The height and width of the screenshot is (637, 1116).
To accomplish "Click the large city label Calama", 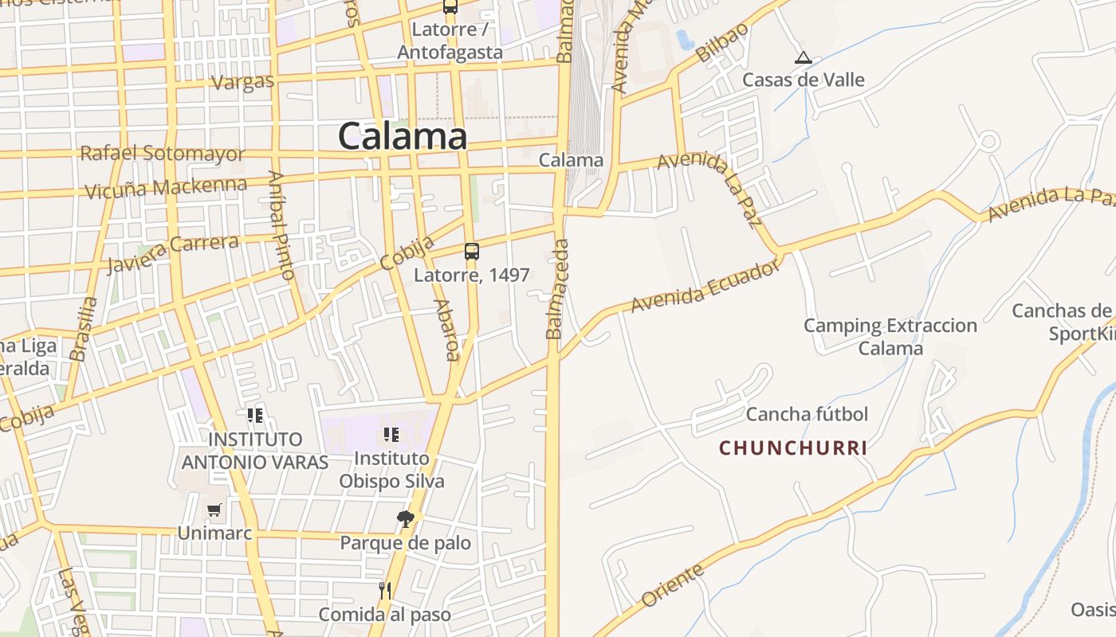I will pos(403,136).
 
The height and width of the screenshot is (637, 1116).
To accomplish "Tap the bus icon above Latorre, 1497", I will pos(472,252).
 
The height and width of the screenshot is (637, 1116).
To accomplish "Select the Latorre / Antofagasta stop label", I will pos(450,41).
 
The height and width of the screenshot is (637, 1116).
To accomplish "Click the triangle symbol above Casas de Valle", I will pos(803,57).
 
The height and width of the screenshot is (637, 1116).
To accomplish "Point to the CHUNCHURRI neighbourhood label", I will pos(793,448).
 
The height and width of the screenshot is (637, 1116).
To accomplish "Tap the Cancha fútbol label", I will pos(807,414).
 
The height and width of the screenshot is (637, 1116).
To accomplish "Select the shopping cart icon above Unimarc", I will pos(214,510).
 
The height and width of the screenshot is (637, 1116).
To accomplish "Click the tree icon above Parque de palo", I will pos(406,520).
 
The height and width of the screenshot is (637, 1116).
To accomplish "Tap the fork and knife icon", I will pos(385,591).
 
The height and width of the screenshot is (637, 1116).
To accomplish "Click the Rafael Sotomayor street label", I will pos(162,154).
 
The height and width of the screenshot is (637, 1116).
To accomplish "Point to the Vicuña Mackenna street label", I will pos(166,188).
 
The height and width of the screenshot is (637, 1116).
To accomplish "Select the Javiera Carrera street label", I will pos(172,253).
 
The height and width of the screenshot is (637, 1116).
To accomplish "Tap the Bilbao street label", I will pos(722,42).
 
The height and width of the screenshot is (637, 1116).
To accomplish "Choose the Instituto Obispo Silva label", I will pos(391,470).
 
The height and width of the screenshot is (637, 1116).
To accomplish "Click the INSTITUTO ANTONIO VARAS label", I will pos(255,451).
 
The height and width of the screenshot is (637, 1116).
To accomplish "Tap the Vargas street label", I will pos(243,81).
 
